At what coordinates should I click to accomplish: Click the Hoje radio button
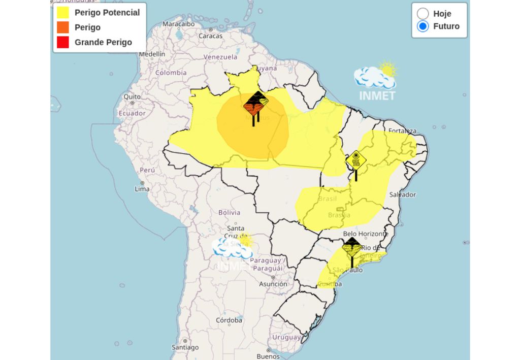click(422, 14)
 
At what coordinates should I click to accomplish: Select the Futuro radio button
click(422, 26)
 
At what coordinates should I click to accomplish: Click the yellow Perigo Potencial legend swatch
click(62, 13)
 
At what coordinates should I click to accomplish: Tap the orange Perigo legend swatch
click(62, 27)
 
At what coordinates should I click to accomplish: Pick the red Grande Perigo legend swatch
click(62, 42)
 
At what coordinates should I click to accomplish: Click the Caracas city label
click(210, 36)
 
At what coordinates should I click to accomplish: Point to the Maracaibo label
click(178, 24)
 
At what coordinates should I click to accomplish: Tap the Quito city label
click(132, 96)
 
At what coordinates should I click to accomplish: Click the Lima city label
click(142, 189)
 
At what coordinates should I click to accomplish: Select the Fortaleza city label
click(402, 131)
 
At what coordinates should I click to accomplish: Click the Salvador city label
click(402, 194)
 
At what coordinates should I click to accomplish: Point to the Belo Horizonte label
click(366, 234)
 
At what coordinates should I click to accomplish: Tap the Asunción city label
click(273, 284)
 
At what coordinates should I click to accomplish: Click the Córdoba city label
click(229, 320)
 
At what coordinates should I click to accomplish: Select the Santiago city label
click(185, 348)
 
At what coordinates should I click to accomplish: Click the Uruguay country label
click(286, 337)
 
